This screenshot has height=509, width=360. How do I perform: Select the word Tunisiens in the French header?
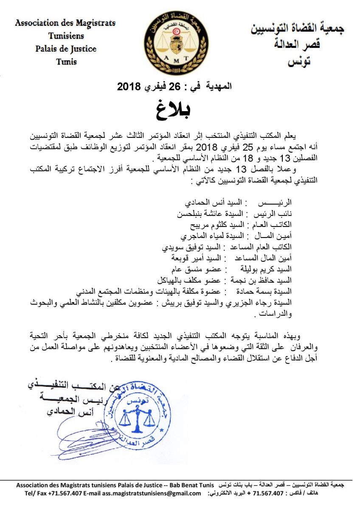pyautogui.click(x=66, y=36)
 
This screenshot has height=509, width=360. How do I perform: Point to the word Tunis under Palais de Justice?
pyautogui.click(x=66, y=62)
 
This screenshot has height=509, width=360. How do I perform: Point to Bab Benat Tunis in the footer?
pyautogui.click(x=193, y=484)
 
